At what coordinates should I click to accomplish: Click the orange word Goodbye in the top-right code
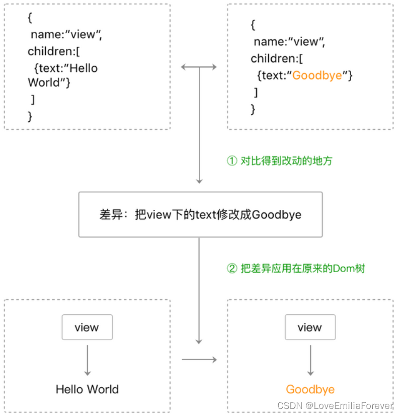[317, 75]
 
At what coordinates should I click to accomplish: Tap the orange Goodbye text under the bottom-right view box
[310, 389]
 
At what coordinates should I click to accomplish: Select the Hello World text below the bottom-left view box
[87, 389]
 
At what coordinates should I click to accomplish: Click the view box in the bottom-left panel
[87, 327]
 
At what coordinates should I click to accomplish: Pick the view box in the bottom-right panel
[309, 327]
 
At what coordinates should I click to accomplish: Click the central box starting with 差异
[200, 215]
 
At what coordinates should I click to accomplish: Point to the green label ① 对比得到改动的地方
[279, 161]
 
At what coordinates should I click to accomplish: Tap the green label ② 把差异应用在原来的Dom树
[296, 269]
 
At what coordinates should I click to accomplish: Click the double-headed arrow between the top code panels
[199, 67]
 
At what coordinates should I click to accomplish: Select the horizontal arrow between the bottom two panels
[199, 359]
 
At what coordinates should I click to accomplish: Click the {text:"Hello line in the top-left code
[66, 68]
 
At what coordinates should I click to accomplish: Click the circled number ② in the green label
[232, 269]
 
